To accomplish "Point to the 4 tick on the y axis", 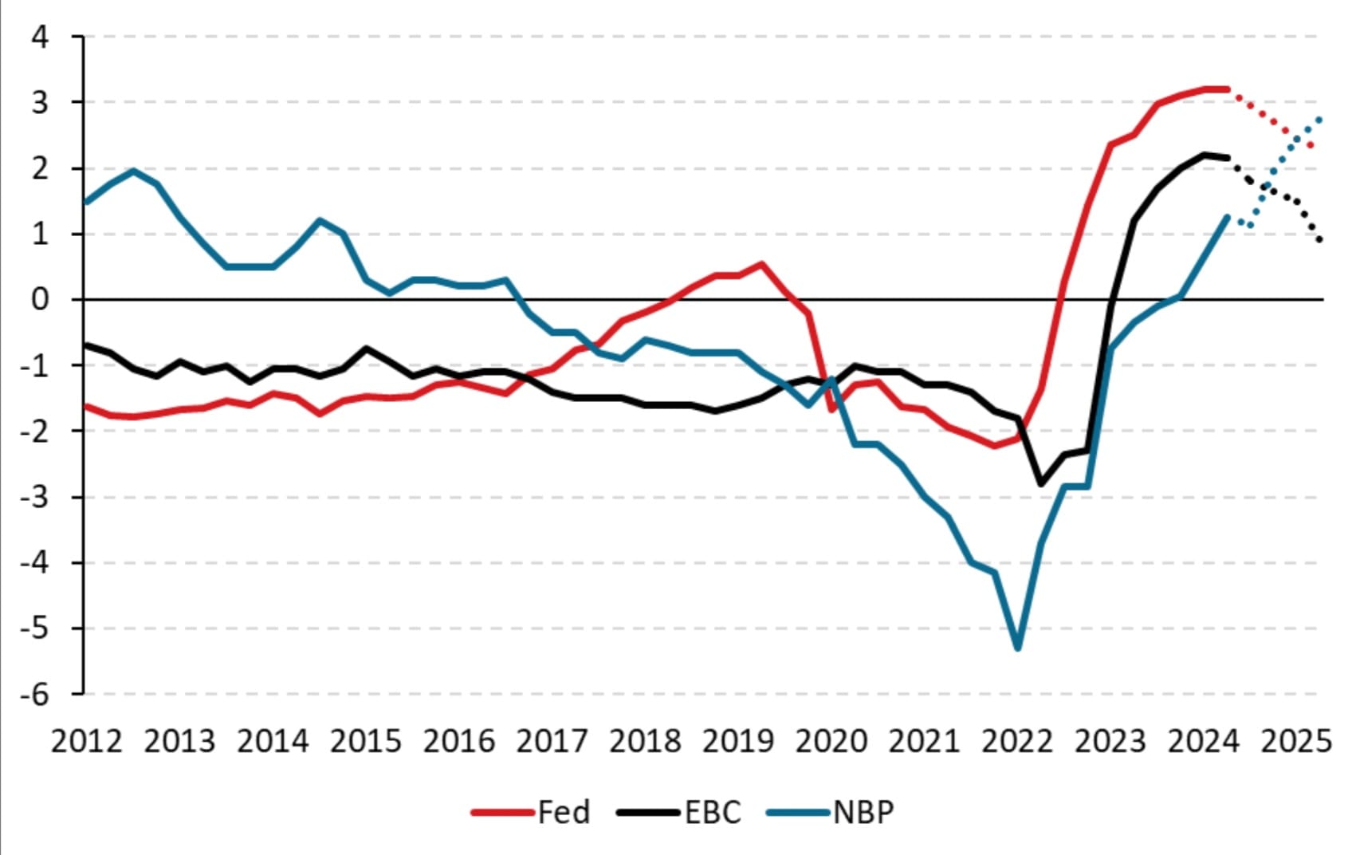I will pos(39,37).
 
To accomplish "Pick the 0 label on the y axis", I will pos(39,300).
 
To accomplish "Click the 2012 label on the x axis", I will pos(86,742).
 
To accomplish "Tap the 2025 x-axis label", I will pos(1296,742).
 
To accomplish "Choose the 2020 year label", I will pos(831,742).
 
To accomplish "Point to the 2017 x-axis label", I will pos(552,742).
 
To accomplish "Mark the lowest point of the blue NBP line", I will pos(1018,648).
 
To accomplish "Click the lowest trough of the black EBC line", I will pos(1041,484).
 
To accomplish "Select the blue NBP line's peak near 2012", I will pos(133,170).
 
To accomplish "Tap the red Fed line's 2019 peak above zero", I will pos(761,263).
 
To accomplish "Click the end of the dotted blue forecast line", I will pos(1320,119).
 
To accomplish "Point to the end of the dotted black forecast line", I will pos(1321,240).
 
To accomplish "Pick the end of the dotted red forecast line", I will pos(1311,145).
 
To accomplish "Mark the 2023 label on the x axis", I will pos(1110,742).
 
